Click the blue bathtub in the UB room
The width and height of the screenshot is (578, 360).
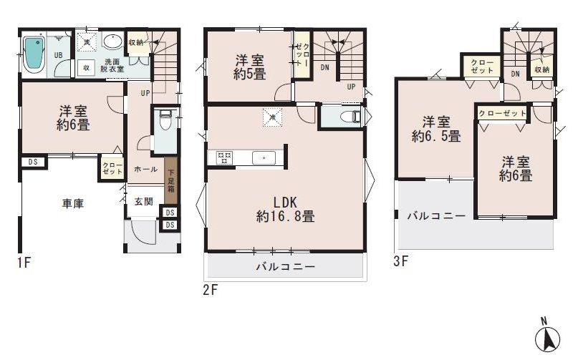coord(34,53)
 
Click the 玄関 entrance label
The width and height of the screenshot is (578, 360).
coord(143,202)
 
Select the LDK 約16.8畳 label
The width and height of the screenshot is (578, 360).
coord(284,208)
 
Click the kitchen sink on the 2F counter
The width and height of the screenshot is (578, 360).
coord(264,157)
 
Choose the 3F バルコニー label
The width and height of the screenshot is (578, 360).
coord(437,215)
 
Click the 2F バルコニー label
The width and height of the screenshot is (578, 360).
coord(285,267)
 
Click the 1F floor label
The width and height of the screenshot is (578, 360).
coord(24,263)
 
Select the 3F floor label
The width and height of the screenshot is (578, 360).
coord(400,261)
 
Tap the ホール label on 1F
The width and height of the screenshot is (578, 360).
coord(145,170)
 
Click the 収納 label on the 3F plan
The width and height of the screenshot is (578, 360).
coord(541,69)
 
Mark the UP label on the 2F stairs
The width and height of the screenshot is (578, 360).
coord(351,87)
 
